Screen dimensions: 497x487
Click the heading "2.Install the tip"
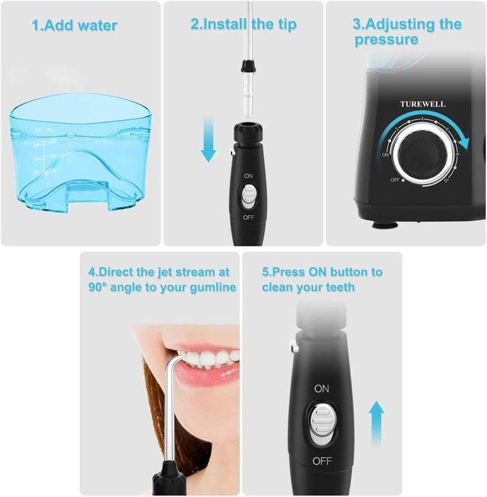tap(243, 24)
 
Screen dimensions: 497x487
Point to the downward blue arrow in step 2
tap(208, 138)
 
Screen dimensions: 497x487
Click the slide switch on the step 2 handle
tap(248, 195)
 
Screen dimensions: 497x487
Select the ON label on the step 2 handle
tap(248, 175)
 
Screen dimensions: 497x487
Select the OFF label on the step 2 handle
tap(248, 217)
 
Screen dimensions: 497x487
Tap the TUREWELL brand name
tap(423, 104)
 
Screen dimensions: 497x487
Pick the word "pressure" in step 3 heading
tap(386, 40)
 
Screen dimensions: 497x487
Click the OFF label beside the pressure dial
tap(395, 180)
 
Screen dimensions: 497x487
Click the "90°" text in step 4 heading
tap(102, 288)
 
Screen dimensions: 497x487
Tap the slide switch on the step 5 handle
tap(322, 424)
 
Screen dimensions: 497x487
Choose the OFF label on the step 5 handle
tap(322, 461)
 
